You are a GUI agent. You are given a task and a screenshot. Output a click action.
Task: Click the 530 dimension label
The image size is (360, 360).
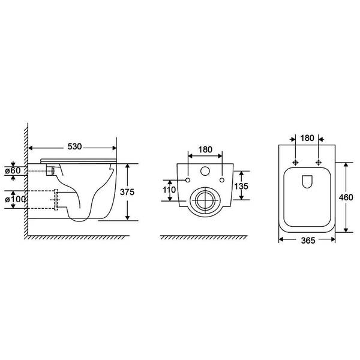click(x=74, y=146)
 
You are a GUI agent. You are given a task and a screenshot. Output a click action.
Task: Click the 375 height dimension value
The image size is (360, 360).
click(x=127, y=192)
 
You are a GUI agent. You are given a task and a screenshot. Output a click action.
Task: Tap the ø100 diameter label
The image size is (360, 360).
click(x=16, y=199)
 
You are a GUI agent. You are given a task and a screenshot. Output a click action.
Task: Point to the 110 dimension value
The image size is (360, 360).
click(x=169, y=190)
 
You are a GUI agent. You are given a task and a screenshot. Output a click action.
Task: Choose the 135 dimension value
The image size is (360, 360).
click(x=241, y=186)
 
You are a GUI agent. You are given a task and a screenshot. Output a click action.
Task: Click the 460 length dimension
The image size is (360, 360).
click(x=346, y=197)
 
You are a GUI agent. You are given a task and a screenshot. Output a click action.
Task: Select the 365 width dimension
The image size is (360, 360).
click(x=308, y=241)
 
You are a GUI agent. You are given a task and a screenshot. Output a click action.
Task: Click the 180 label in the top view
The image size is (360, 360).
click(x=307, y=138)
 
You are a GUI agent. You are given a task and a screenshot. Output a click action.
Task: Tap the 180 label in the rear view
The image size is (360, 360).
click(x=205, y=149)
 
